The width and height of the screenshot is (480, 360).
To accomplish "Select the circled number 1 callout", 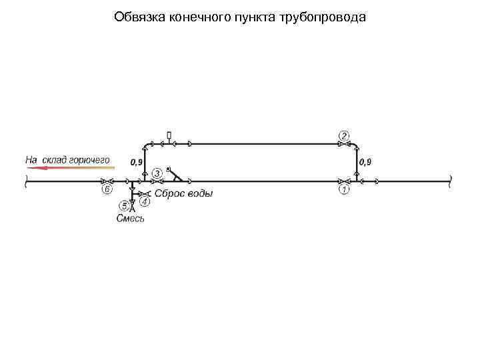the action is tap(344, 191).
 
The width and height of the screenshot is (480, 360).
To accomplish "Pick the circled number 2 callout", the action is tap(344, 136).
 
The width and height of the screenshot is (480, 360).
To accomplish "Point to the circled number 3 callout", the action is tap(157, 173).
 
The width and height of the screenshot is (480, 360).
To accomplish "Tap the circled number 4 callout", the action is tap(145, 201).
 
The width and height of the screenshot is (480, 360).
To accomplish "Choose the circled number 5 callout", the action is tap(123, 205).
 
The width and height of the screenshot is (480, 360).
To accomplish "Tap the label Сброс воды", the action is tap(183, 194).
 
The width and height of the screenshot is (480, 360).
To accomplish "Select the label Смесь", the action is tap(130, 218).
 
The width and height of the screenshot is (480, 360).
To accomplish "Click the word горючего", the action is tap(89, 159).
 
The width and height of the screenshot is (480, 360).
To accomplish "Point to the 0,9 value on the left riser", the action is tap(137, 162).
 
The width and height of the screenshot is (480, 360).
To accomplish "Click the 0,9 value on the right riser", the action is tap(365, 162).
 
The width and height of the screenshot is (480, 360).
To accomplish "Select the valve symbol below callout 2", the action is tap(344, 144).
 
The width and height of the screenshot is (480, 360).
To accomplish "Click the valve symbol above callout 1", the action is tap(344, 181).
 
